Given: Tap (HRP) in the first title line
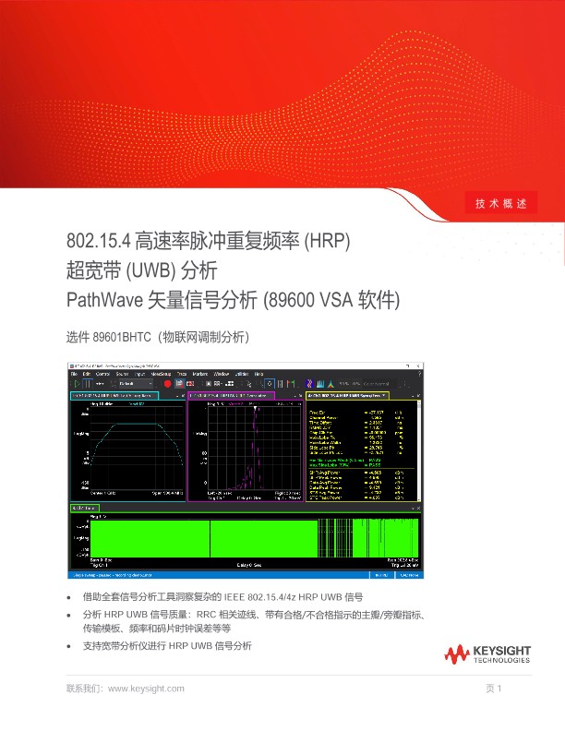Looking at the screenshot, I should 330,242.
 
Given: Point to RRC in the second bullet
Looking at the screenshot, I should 208,613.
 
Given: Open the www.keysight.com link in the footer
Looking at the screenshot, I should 146,689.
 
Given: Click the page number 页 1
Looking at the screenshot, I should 493,689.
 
